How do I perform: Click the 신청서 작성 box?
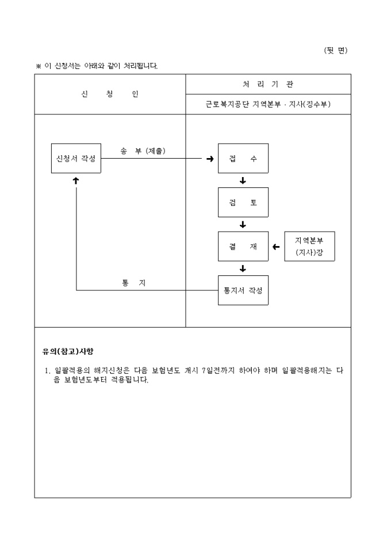pyautogui.click(x=76, y=158)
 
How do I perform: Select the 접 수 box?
pyautogui.click(x=243, y=158)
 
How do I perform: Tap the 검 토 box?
pyautogui.click(x=243, y=202)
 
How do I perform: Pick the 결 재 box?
pyautogui.click(x=243, y=247)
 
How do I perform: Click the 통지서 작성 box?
pyautogui.click(x=243, y=290)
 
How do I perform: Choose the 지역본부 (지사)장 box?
pyautogui.click(x=309, y=247)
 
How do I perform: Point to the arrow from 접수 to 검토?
pyautogui.click(x=243, y=181)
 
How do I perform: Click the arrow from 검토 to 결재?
pyautogui.click(x=243, y=225)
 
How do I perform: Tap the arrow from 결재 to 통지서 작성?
pyautogui.click(x=243, y=268)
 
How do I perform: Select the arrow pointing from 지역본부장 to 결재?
pyautogui.click(x=276, y=247)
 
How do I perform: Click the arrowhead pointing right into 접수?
pyautogui.click(x=210, y=159)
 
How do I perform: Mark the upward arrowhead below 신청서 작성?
pyautogui.click(x=76, y=181)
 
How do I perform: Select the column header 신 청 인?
pyautogui.click(x=110, y=94)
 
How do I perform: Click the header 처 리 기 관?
pyautogui.click(x=268, y=84)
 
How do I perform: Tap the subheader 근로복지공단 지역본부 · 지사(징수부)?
pyautogui.click(x=268, y=105)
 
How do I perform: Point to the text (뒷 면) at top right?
pyautogui.click(x=336, y=51)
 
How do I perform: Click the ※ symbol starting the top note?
pyautogui.click(x=39, y=66)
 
